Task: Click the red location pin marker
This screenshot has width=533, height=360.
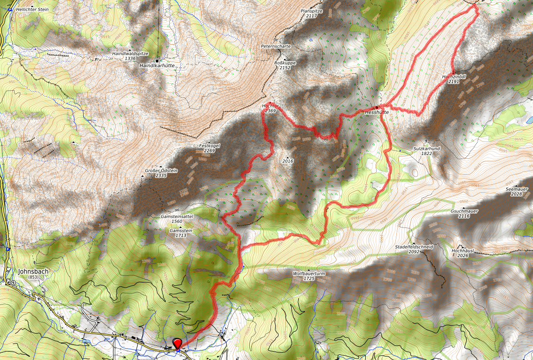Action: (178, 344)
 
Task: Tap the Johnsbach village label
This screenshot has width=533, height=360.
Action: (33, 272)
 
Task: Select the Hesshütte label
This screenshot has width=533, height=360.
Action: (377, 112)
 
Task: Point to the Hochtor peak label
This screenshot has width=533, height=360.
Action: (270, 107)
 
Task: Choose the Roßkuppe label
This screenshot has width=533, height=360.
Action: (285, 62)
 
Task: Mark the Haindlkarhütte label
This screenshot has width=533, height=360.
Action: (157, 66)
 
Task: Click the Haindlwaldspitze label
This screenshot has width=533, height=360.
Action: (130, 54)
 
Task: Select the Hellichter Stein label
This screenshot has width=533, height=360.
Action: (32, 9)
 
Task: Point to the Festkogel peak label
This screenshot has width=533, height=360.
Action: (209, 146)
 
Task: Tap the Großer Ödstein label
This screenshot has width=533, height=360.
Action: (161, 171)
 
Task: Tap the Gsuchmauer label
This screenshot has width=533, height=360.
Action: (464, 211)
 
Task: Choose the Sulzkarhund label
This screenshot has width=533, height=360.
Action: (426, 148)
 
